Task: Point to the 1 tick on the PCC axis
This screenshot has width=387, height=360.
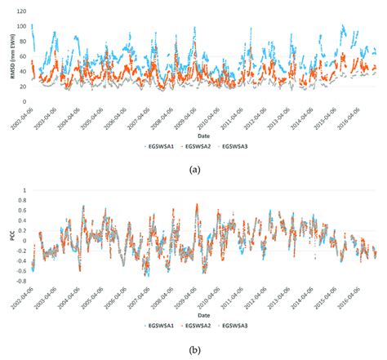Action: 22,190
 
